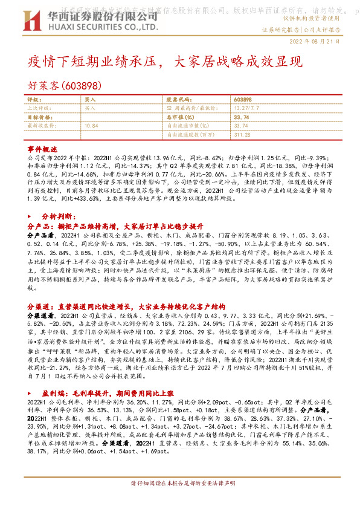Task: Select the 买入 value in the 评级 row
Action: (90, 99)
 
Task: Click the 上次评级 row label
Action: (40, 108)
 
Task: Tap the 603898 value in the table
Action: (242, 99)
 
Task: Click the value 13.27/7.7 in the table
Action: (246, 108)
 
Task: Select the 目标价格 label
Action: (40, 117)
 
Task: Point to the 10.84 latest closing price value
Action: (92, 126)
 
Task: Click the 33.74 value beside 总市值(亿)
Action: (240, 117)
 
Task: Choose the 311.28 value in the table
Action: (242, 135)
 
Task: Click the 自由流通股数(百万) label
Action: (191, 135)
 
